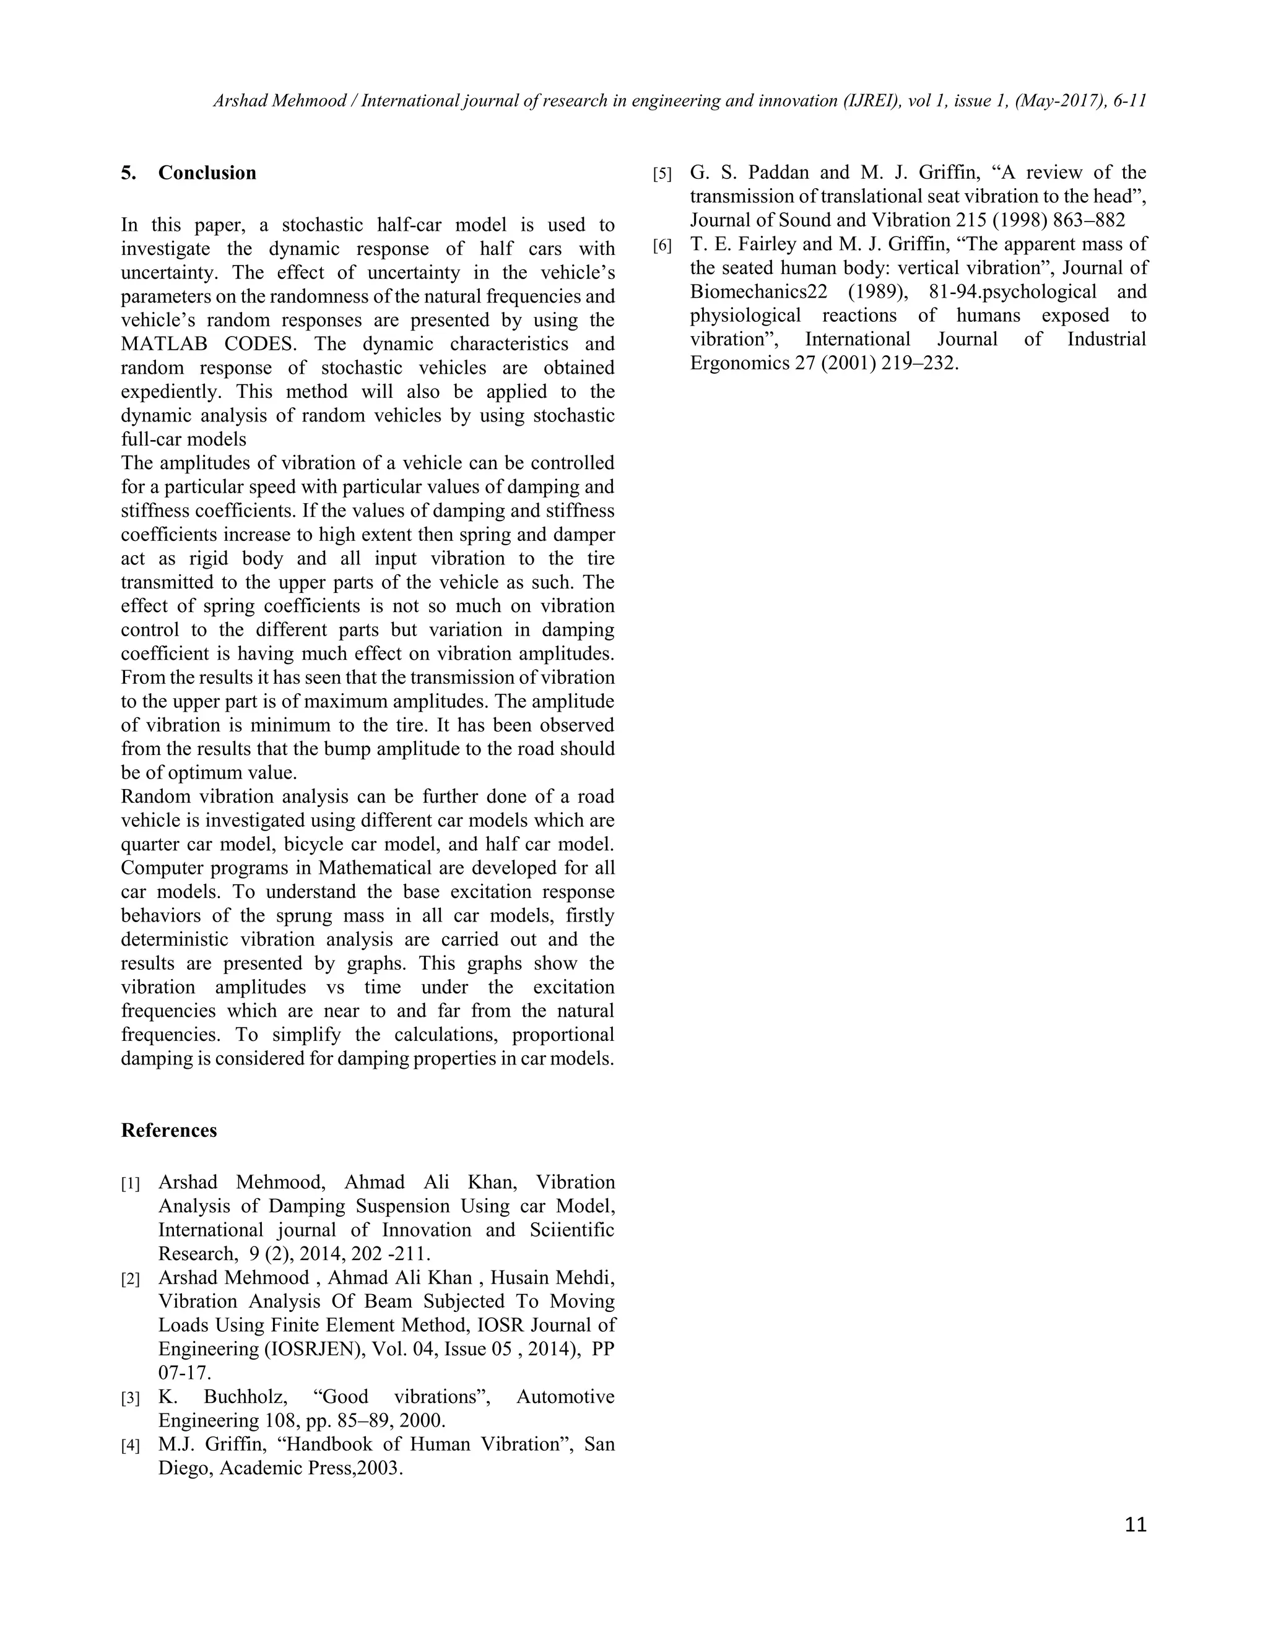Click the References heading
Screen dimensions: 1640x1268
[x=168, y=1130]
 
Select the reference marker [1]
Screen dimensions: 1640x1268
[x=131, y=1184]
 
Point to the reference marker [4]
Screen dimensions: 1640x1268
[x=131, y=1446]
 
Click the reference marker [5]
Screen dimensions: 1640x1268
[x=662, y=175]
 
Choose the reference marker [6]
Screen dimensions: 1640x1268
[x=662, y=246]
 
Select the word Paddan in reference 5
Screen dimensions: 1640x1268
[x=778, y=173]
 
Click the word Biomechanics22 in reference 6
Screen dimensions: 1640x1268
[x=758, y=292]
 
